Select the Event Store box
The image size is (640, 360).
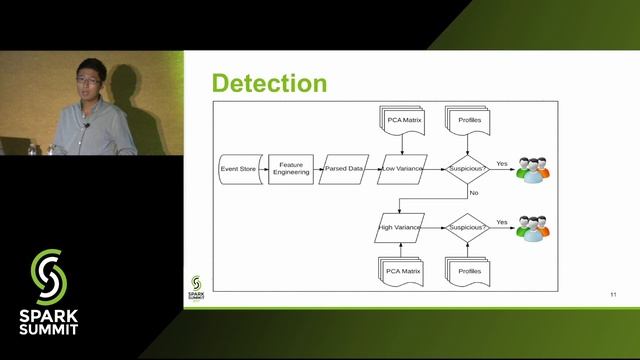coord(238,169)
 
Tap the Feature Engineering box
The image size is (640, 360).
coord(292,169)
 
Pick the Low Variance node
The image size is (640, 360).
coord(402,169)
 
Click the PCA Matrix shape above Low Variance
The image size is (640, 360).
coord(403,122)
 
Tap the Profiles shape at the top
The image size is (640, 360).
coord(468,122)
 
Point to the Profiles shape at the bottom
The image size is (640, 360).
coord(468,270)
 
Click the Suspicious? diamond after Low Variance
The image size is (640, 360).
coord(467,169)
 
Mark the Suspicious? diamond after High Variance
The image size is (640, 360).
coord(467,227)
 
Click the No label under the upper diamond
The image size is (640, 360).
coord(473,191)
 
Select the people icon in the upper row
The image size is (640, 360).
coord(533,169)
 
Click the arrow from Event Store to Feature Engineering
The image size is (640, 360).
coord(262,169)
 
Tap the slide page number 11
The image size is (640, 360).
coord(613,294)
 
